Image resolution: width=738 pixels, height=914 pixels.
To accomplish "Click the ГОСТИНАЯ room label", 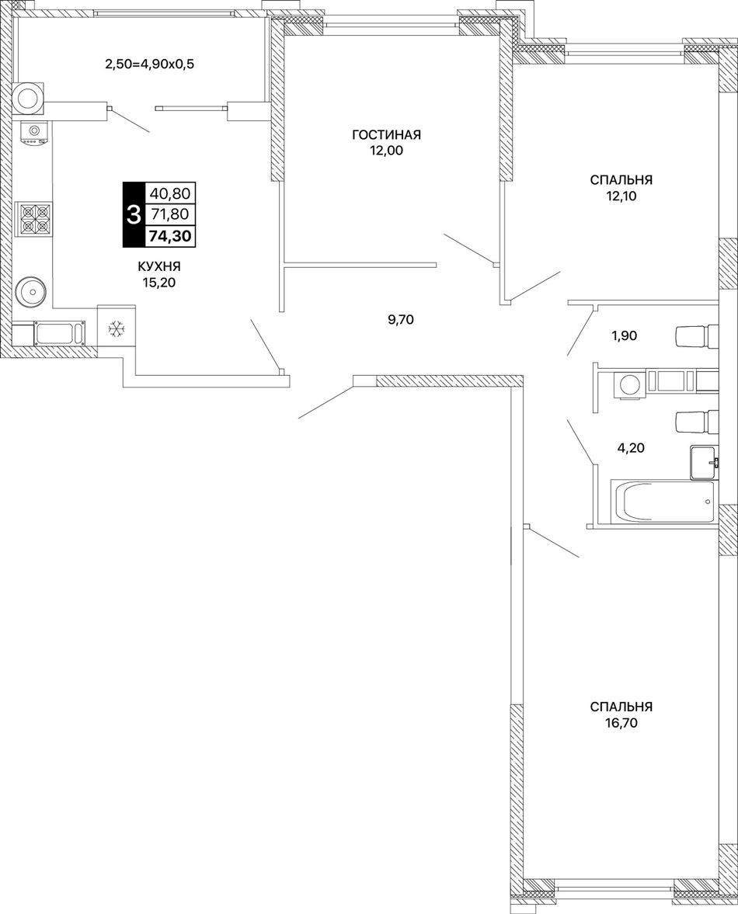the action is click(386, 135).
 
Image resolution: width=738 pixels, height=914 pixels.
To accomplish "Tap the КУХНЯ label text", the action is click(159, 267).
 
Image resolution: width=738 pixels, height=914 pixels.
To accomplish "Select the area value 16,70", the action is click(621, 724).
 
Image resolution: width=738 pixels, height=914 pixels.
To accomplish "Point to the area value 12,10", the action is click(621, 196).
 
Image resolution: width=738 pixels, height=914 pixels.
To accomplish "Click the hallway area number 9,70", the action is click(401, 319).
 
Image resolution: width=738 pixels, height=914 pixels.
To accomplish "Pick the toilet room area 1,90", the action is click(624, 335).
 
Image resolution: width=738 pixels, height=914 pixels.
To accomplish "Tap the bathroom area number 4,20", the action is click(631, 448).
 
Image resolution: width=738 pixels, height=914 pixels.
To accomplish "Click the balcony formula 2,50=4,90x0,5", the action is click(149, 64).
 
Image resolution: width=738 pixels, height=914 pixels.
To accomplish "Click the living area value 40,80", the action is click(170, 193).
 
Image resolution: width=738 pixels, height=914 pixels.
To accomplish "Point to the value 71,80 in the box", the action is click(169, 214).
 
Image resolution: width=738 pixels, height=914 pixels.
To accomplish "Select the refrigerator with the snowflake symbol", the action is click(117, 328).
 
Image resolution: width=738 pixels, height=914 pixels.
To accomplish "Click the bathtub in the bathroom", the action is click(663, 502).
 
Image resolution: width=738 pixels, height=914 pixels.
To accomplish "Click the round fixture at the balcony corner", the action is click(29, 96).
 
